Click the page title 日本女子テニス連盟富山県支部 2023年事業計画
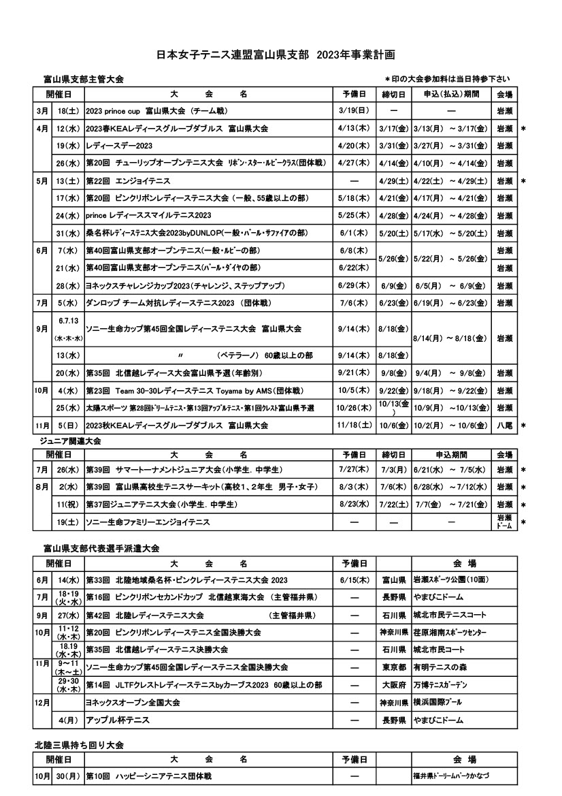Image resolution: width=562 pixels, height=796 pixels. [x=276, y=54]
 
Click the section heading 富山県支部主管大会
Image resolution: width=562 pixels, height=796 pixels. [x=82, y=80]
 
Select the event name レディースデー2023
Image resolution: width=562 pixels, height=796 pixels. [x=119, y=146]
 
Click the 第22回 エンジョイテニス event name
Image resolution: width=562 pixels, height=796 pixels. [x=127, y=181]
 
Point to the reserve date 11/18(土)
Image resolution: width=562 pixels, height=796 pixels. [x=354, y=425]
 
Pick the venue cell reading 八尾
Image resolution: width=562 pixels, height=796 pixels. [x=504, y=425]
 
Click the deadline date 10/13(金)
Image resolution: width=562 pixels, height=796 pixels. [x=394, y=407]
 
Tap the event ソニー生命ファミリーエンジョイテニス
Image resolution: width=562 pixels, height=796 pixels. [x=148, y=522]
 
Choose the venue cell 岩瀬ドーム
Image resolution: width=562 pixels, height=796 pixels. [x=504, y=522]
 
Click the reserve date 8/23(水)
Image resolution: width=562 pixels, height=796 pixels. [x=354, y=505]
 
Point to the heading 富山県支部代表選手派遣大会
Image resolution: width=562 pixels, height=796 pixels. [x=101, y=547]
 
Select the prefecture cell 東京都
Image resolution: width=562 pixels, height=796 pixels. [x=394, y=667]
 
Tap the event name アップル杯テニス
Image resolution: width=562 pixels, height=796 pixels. [x=118, y=719]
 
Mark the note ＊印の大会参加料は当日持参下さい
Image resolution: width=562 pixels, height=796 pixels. [x=447, y=80]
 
